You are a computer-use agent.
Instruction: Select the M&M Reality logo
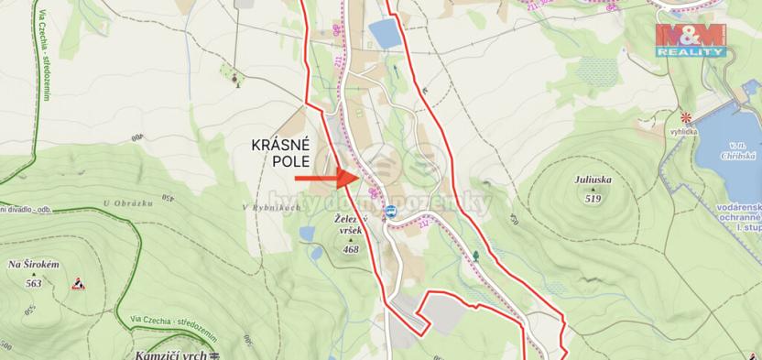tap(691, 39)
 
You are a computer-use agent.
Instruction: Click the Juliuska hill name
tap(593, 180)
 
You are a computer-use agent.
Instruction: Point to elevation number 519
tap(593, 198)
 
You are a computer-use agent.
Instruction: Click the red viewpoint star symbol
tap(685, 117)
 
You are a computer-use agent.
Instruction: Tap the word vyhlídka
tap(684, 132)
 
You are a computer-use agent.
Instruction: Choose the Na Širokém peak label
tap(33, 265)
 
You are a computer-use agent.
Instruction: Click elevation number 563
tap(33, 283)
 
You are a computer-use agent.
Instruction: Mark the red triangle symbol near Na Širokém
tap(78, 283)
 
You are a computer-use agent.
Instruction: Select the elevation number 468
tap(351, 248)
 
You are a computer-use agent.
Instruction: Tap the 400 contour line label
tap(138, 138)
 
